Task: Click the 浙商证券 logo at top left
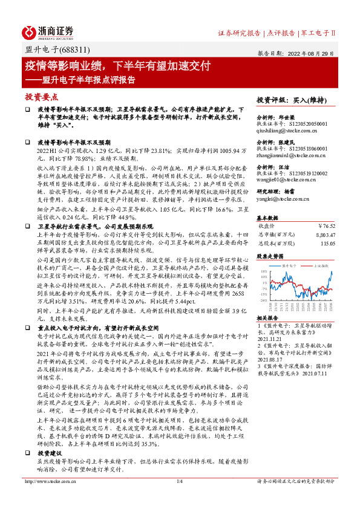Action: click(48, 32)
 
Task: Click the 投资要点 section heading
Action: click(41, 97)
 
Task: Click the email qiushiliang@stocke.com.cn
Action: click(283, 128)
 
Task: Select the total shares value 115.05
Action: click(327, 244)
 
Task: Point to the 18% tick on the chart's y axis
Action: click(264, 272)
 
